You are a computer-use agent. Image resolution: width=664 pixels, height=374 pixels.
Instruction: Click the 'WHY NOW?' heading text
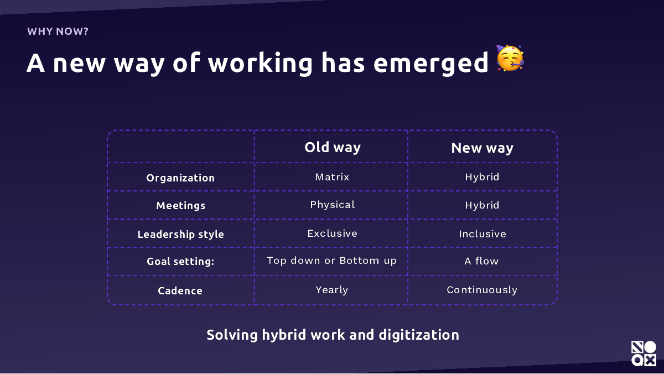[x=58, y=32]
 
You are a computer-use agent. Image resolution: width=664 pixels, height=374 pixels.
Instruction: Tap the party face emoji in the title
[x=510, y=58]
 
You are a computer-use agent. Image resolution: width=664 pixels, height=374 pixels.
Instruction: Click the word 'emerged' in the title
[x=430, y=64]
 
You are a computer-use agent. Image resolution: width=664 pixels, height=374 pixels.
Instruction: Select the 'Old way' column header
[x=333, y=148]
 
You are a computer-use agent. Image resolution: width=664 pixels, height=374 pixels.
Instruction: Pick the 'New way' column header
[x=483, y=148]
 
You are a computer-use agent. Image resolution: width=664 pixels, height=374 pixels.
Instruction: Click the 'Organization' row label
[x=180, y=178]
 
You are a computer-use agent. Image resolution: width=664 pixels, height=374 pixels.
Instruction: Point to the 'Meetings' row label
[x=180, y=206]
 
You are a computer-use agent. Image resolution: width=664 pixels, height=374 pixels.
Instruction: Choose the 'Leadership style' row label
[x=180, y=235]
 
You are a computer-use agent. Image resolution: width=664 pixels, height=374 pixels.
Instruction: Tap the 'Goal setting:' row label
[x=180, y=261]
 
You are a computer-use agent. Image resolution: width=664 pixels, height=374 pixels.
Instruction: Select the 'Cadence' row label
[x=180, y=290]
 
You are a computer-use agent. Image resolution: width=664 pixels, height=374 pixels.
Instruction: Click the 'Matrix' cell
[x=333, y=177]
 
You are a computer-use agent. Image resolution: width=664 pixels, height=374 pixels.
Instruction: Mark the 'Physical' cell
[x=333, y=205]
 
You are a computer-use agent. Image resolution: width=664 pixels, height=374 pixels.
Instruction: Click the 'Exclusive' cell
[x=333, y=233]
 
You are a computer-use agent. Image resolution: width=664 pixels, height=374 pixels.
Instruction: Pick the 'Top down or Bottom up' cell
[x=331, y=261]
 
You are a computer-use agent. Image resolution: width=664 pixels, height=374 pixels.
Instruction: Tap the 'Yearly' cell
[x=331, y=290]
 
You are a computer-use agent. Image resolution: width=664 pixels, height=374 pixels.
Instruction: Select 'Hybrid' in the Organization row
[x=483, y=178]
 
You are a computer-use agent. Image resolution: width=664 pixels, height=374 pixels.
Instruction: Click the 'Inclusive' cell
[x=483, y=234]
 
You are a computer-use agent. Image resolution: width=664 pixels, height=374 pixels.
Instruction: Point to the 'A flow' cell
[x=482, y=261]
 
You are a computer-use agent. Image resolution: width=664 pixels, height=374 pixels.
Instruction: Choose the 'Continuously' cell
[x=482, y=290]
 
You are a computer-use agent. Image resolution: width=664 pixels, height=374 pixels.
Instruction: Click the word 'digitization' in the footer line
[x=419, y=335]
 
